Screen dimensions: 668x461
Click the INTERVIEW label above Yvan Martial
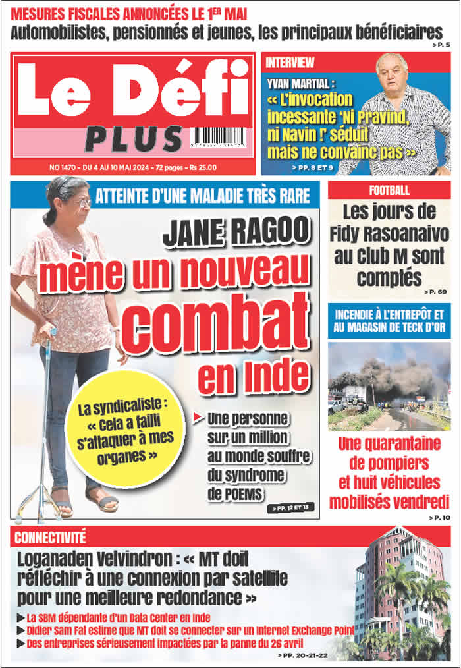290,63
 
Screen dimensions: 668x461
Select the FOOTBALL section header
389,190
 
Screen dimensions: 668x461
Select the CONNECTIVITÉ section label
50,537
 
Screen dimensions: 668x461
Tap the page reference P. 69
435,292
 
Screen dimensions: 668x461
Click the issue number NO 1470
63,167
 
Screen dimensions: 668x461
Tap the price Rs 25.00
200,167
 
